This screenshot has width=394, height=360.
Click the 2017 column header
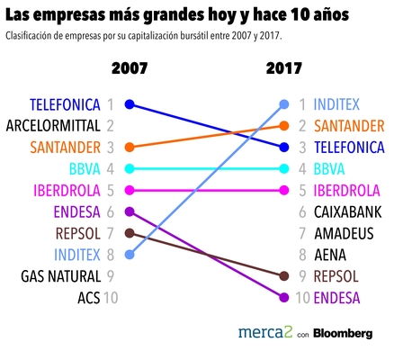pos(285,68)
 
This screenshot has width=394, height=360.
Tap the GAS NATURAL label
pos(59,276)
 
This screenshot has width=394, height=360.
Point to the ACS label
pos(88,298)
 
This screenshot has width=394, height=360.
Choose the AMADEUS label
pos(341,233)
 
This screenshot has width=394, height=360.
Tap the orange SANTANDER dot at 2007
pos(130,147)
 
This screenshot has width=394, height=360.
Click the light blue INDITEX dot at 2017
pos(284,104)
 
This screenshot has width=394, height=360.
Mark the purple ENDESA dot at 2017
pos(284,298)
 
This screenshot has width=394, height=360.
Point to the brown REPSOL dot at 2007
pos(130,233)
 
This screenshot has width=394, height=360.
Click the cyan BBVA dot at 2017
pos(284,168)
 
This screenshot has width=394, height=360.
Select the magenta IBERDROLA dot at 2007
pos(130,190)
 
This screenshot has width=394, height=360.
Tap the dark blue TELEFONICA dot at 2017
pos(284,147)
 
